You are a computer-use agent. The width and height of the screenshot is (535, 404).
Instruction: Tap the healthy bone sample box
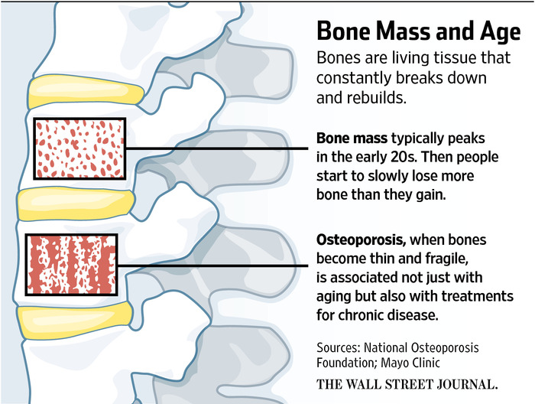(79, 148)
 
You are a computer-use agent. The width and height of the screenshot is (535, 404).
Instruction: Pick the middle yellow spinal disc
(76, 203)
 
